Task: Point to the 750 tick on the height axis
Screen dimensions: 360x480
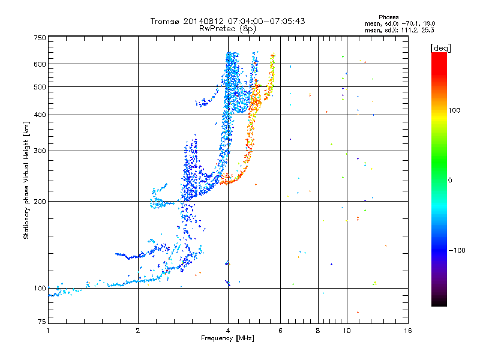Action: point(40,37)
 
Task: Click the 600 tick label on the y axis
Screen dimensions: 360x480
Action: point(40,64)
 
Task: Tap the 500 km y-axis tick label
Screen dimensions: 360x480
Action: point(40,87)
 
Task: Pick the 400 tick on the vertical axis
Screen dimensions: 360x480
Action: point(40,115)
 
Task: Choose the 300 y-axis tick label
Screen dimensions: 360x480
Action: point(40,151)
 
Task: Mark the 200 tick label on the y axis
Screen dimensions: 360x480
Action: point(40,201)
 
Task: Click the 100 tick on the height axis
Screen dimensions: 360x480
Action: point(40,288)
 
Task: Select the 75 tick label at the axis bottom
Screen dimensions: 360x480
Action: point(41,323)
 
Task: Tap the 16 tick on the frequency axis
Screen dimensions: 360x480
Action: point(407,331)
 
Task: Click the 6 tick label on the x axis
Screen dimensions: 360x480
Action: point(281,331)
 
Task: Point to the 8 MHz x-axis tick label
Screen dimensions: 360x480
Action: point(318,331)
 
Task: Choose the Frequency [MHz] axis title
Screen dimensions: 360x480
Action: point(227,339)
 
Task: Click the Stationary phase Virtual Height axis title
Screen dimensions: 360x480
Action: point(26,180)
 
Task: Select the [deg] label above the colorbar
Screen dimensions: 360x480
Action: point(441,47)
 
